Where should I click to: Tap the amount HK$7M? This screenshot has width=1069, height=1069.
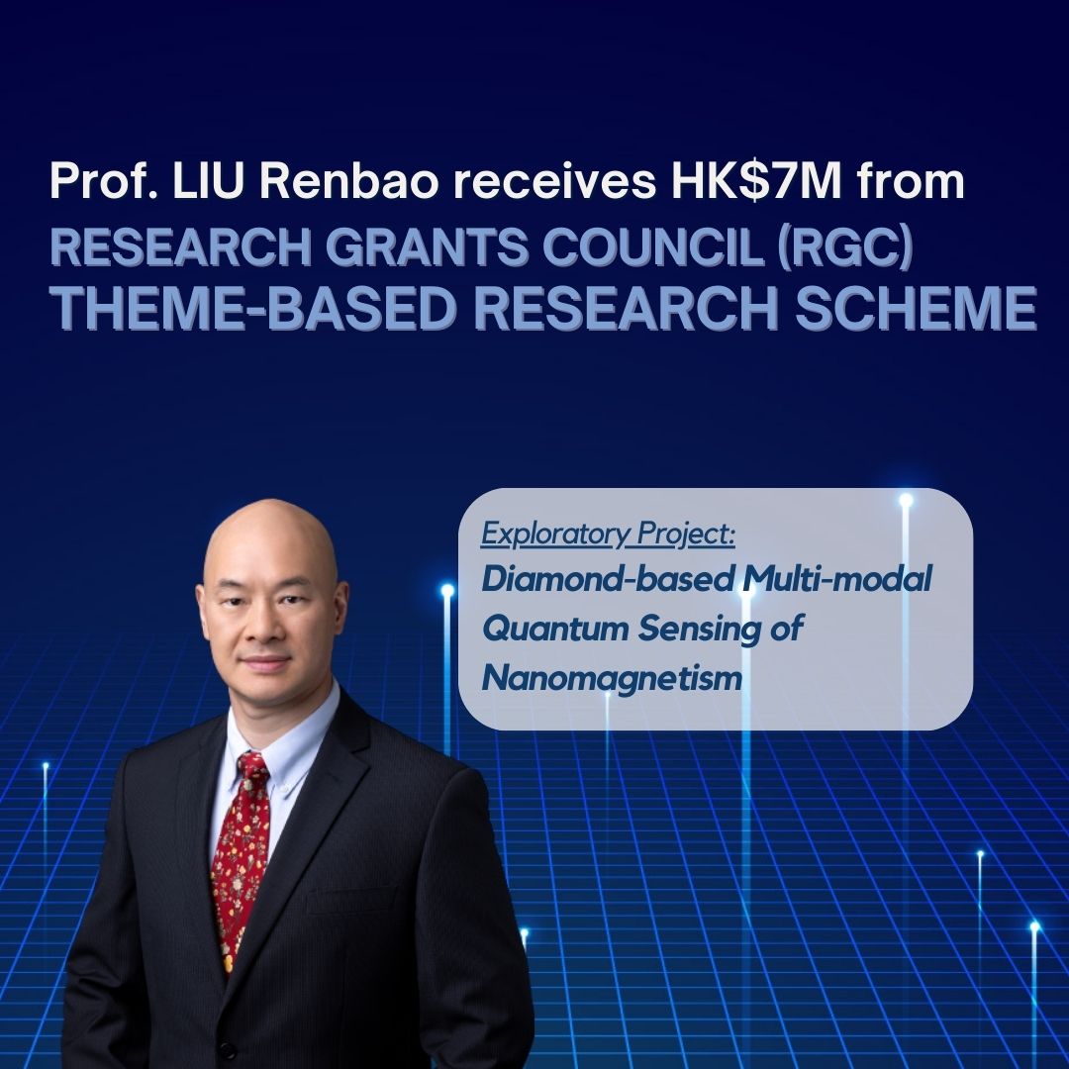tap(756, 181)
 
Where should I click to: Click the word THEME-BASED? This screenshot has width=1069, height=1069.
tap(252, 308)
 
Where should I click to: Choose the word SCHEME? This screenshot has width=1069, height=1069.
tap(917, 308)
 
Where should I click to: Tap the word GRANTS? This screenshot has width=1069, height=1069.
tap(427, 246)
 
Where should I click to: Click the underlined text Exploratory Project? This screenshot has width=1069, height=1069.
tap(608, 534)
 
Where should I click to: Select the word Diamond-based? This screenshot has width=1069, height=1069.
tap(608, 579)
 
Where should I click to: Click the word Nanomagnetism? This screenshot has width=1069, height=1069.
tap(612, 678)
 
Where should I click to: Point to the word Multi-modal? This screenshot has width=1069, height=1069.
tap(837, 579)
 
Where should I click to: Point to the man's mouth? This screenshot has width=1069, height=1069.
tap(264, 661)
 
